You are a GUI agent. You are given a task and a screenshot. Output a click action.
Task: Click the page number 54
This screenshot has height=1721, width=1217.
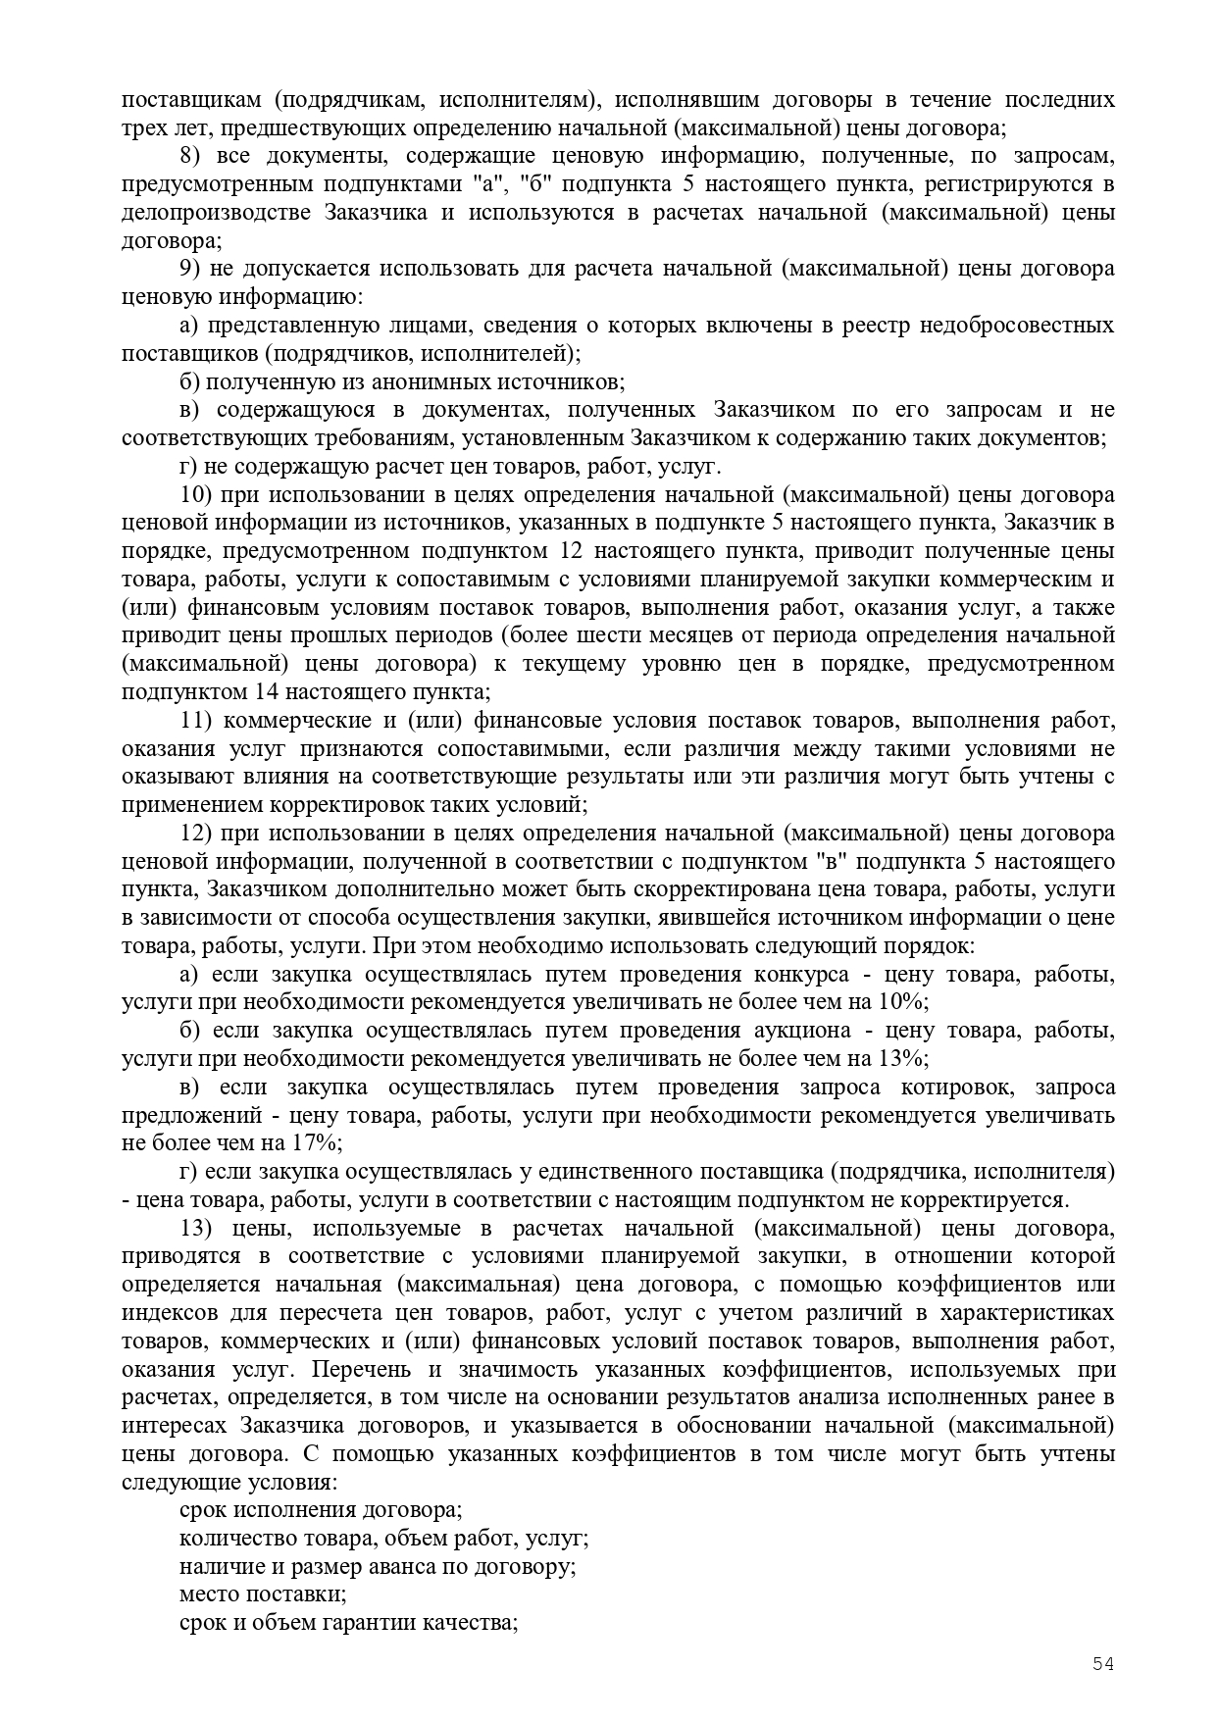pos(1103,1663)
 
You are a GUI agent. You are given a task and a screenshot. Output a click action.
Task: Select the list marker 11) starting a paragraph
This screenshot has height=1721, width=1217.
pos(196,721)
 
